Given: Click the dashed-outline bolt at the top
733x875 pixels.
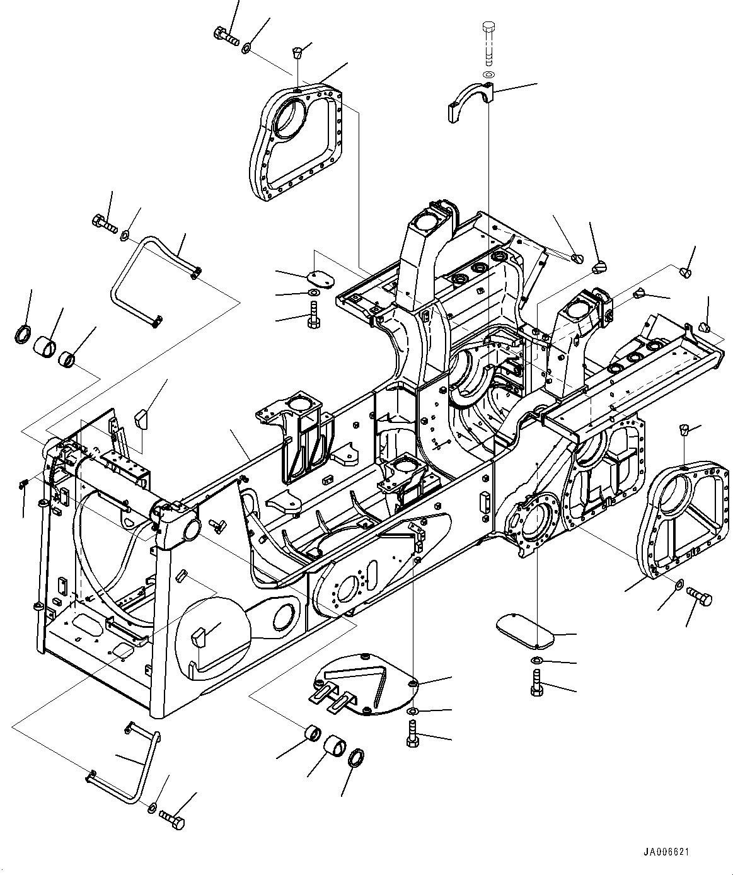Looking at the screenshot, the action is [x=488, y=44].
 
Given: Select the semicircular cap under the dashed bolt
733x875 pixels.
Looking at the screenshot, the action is [x=470, y=102].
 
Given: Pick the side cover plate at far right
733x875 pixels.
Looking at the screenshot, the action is [x=683, y=519].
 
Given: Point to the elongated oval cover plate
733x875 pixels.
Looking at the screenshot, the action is [x=525, y=634].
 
